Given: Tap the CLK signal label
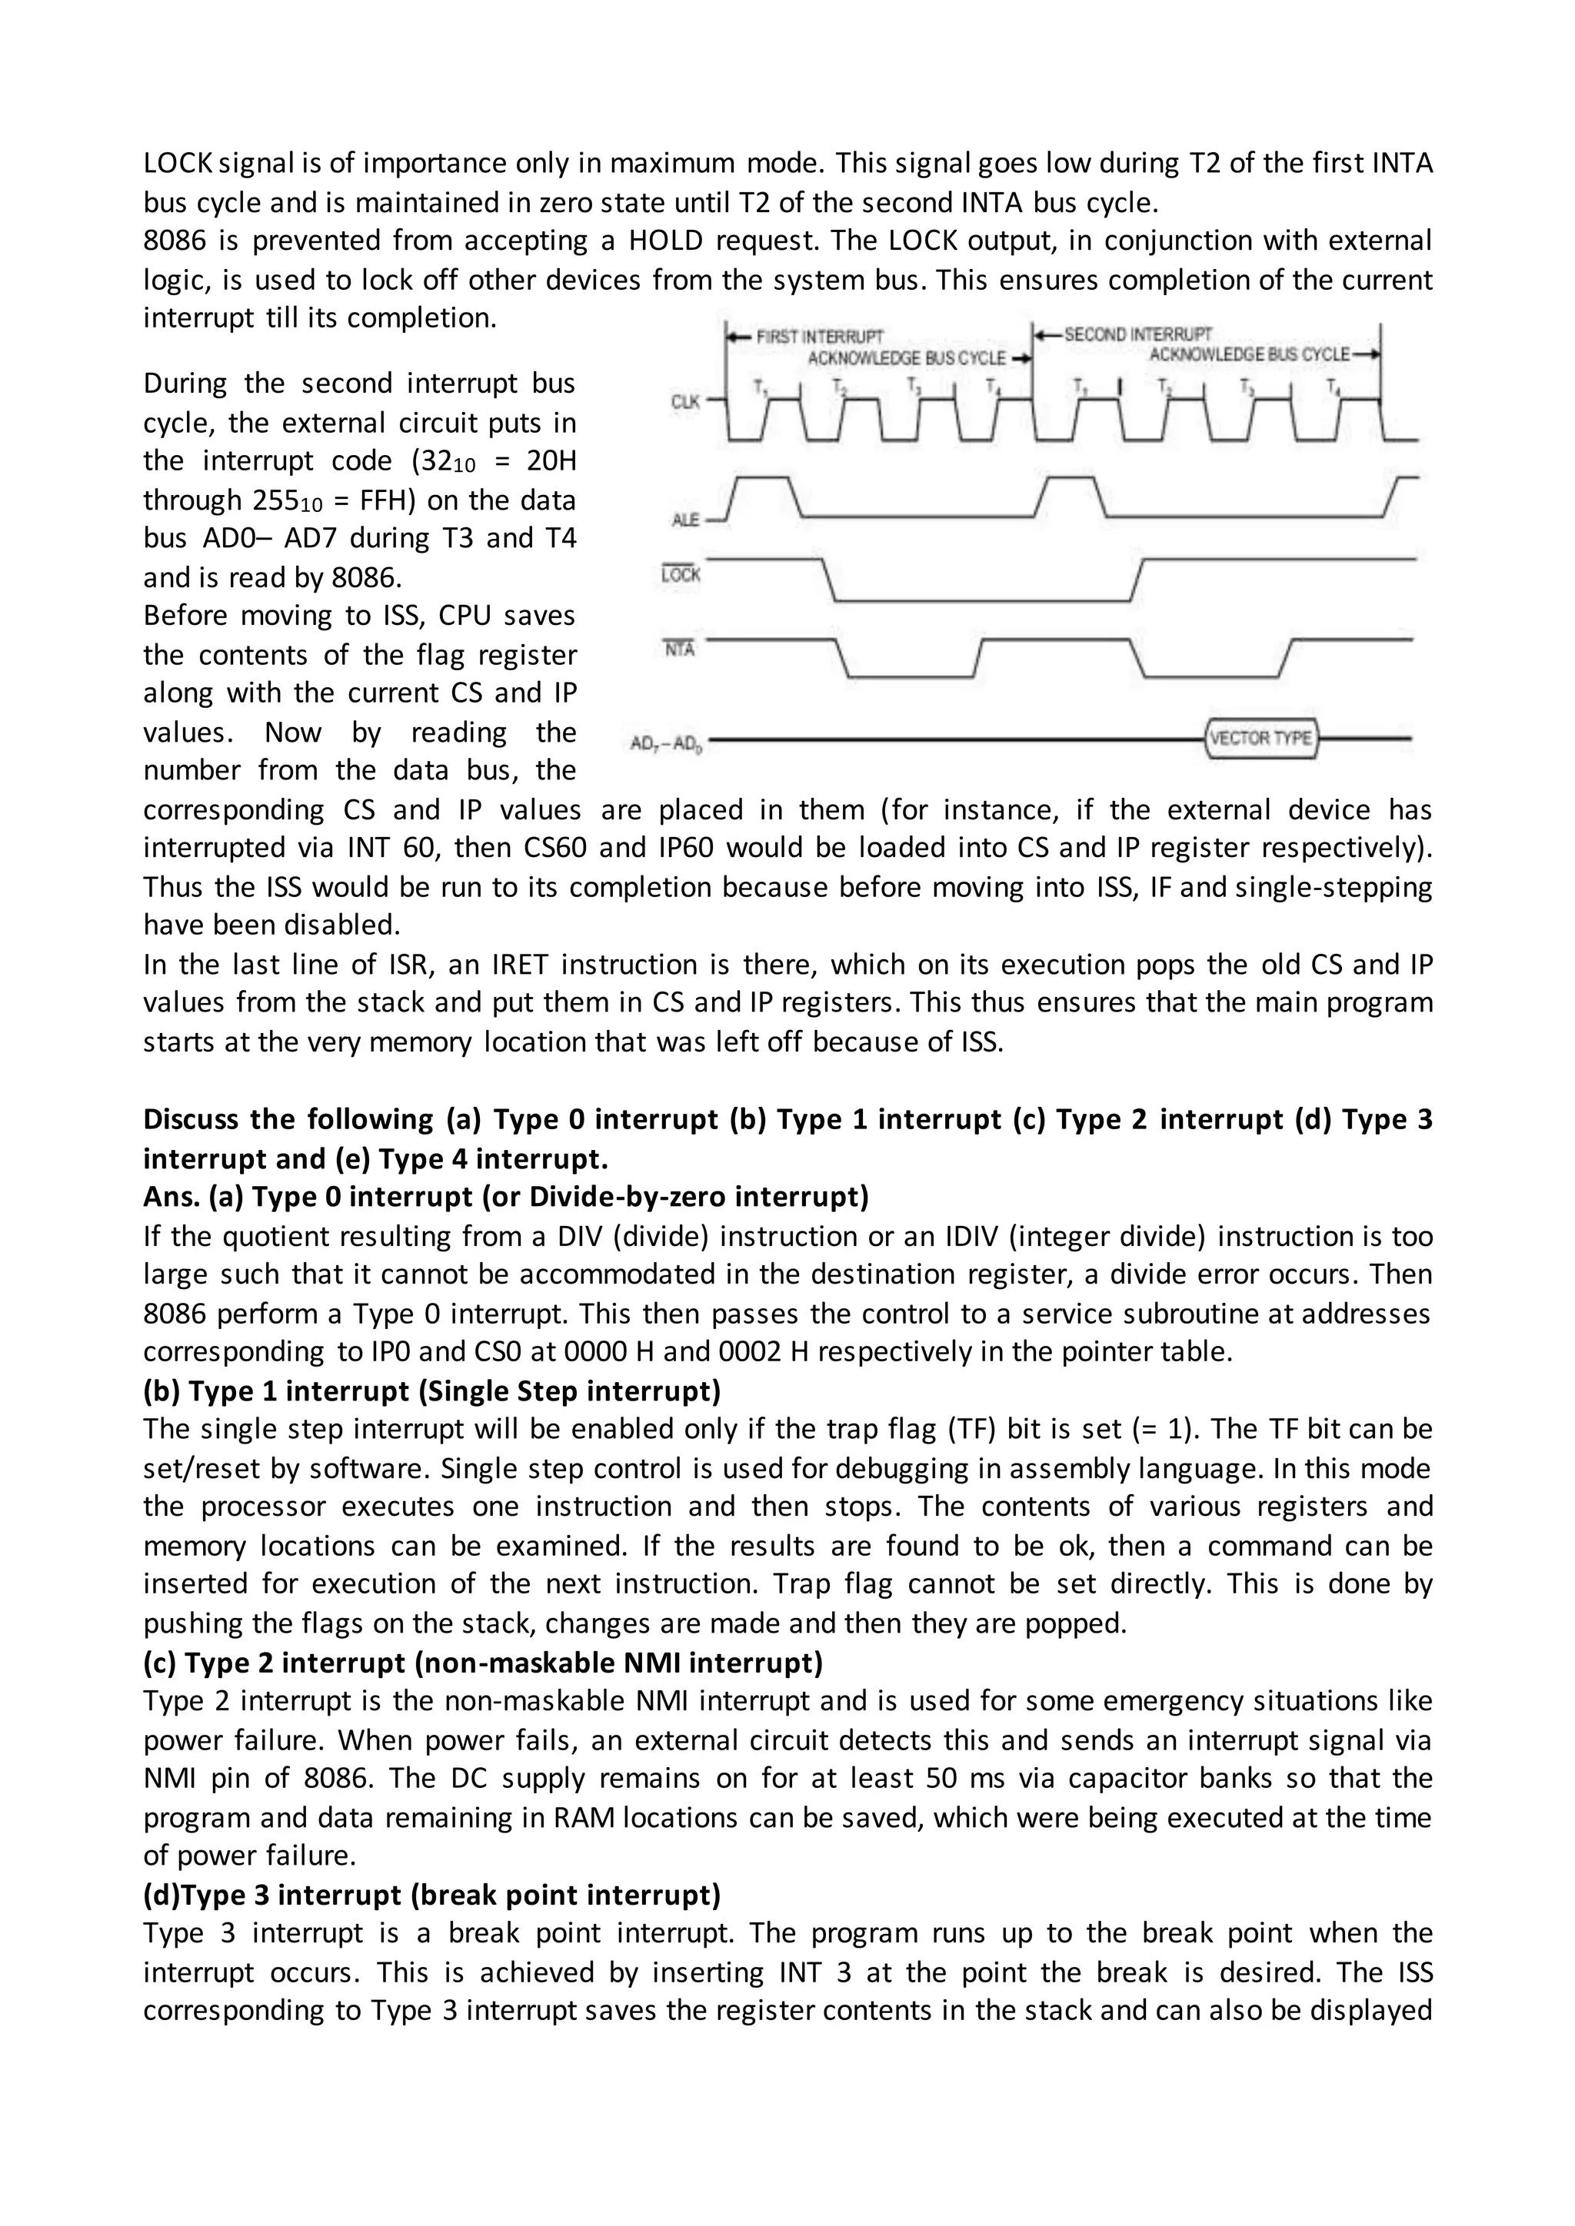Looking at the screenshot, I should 684,401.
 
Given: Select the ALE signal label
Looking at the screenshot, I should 684,520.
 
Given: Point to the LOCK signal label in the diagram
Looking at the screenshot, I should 680,575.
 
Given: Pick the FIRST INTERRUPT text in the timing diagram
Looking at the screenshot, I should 820,337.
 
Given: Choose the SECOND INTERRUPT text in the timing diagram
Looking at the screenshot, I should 1137,334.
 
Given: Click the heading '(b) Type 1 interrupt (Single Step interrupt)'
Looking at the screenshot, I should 431,1391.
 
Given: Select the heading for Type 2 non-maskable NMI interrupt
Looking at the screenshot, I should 483,1663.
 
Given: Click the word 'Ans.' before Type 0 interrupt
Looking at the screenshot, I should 171,1198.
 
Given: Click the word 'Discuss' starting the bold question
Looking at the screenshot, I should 190,1120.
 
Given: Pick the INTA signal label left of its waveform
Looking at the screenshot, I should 680,650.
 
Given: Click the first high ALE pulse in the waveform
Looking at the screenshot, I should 764,479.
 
